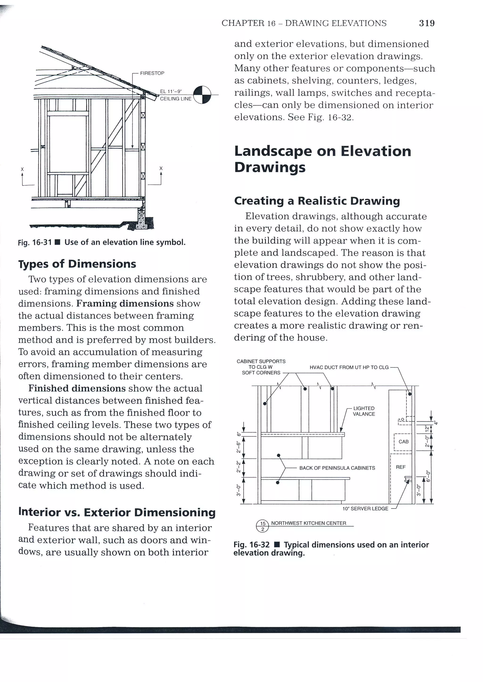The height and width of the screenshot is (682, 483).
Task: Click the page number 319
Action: click(427, 23)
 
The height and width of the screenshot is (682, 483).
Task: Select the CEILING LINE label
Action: click(175, 99)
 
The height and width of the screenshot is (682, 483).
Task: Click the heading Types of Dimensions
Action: click(77, 264)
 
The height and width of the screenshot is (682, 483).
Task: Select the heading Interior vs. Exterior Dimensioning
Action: click(117, 512)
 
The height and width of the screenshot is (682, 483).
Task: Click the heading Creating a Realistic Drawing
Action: click(317, 201)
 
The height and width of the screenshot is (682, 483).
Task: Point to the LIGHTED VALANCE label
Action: click(364, 411)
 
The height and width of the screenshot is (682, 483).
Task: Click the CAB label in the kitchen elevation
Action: click(403, 442)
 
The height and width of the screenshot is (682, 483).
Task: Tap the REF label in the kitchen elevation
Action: click(401, 467)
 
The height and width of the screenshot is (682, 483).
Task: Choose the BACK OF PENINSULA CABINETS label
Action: click(337, 468)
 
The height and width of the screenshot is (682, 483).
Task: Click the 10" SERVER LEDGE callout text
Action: click(365, 508)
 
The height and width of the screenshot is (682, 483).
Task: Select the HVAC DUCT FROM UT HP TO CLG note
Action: click(349, 367)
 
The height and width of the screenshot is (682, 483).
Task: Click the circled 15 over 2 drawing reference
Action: click(262, 526)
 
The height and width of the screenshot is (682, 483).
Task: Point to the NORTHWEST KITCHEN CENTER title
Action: click(308, 523)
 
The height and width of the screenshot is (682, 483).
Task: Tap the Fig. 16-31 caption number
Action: click(35, 242)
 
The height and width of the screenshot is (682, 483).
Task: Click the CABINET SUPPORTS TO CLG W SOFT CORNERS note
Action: click(261, 367)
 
